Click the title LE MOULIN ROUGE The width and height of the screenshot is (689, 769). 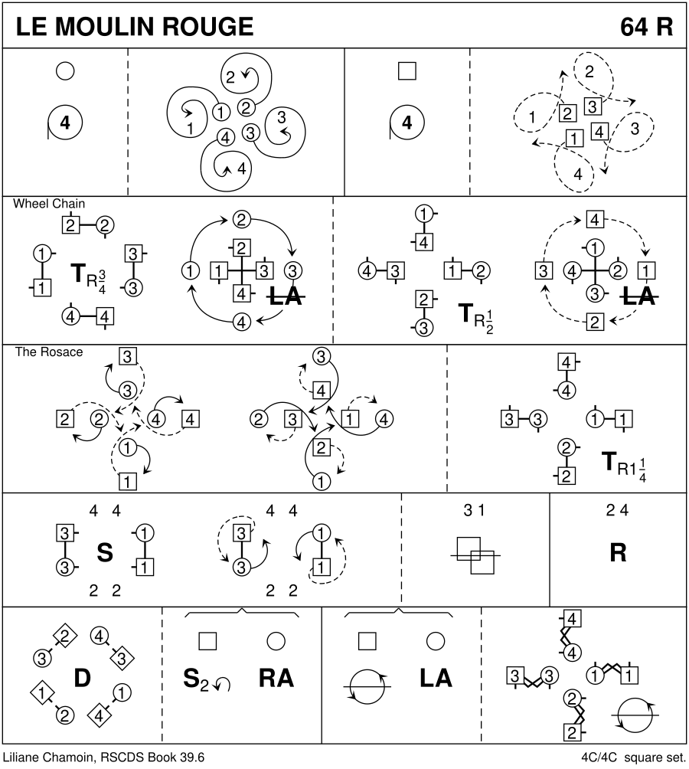(x=134, y=27)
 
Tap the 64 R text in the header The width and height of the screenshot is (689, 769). (x=647, y=27)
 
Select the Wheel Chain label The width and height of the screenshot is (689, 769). (x=49, y=205)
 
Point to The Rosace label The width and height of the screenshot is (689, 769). (x=49, y=352)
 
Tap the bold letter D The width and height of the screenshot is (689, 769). (x=82, y=678)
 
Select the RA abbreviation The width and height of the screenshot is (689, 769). (x=276, y=678)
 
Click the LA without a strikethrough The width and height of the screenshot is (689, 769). (x=436, y=678)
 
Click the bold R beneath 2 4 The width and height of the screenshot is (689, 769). (x=618, y=554)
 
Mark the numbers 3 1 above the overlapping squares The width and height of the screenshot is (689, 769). (x=475, y=511)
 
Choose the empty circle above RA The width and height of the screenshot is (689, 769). (x=276, y=640)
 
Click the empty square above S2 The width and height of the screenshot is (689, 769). (x=207, y=640)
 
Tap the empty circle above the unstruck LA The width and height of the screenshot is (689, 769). (x=436, y=640)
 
